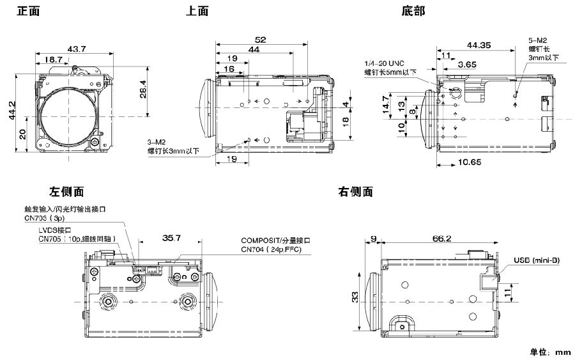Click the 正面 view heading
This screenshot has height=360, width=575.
click(x=29, y=11)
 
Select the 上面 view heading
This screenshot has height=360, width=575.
click(x=197, y=11)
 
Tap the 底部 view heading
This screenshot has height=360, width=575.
click(x=413, y=11)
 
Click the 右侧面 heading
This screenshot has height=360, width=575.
click(x=355, y=191)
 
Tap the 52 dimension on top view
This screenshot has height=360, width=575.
click(x=260, y=39)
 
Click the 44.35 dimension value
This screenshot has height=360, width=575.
click(x=479, y=45)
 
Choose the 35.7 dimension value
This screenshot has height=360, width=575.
click(x=171, y=238)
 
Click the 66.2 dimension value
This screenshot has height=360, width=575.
click(x=441, y=238)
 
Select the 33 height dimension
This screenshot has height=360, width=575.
click(x=355, y=296)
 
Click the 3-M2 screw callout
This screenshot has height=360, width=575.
click(x=157, y=144)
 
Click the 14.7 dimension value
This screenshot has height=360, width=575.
click(x=386, y=104)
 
